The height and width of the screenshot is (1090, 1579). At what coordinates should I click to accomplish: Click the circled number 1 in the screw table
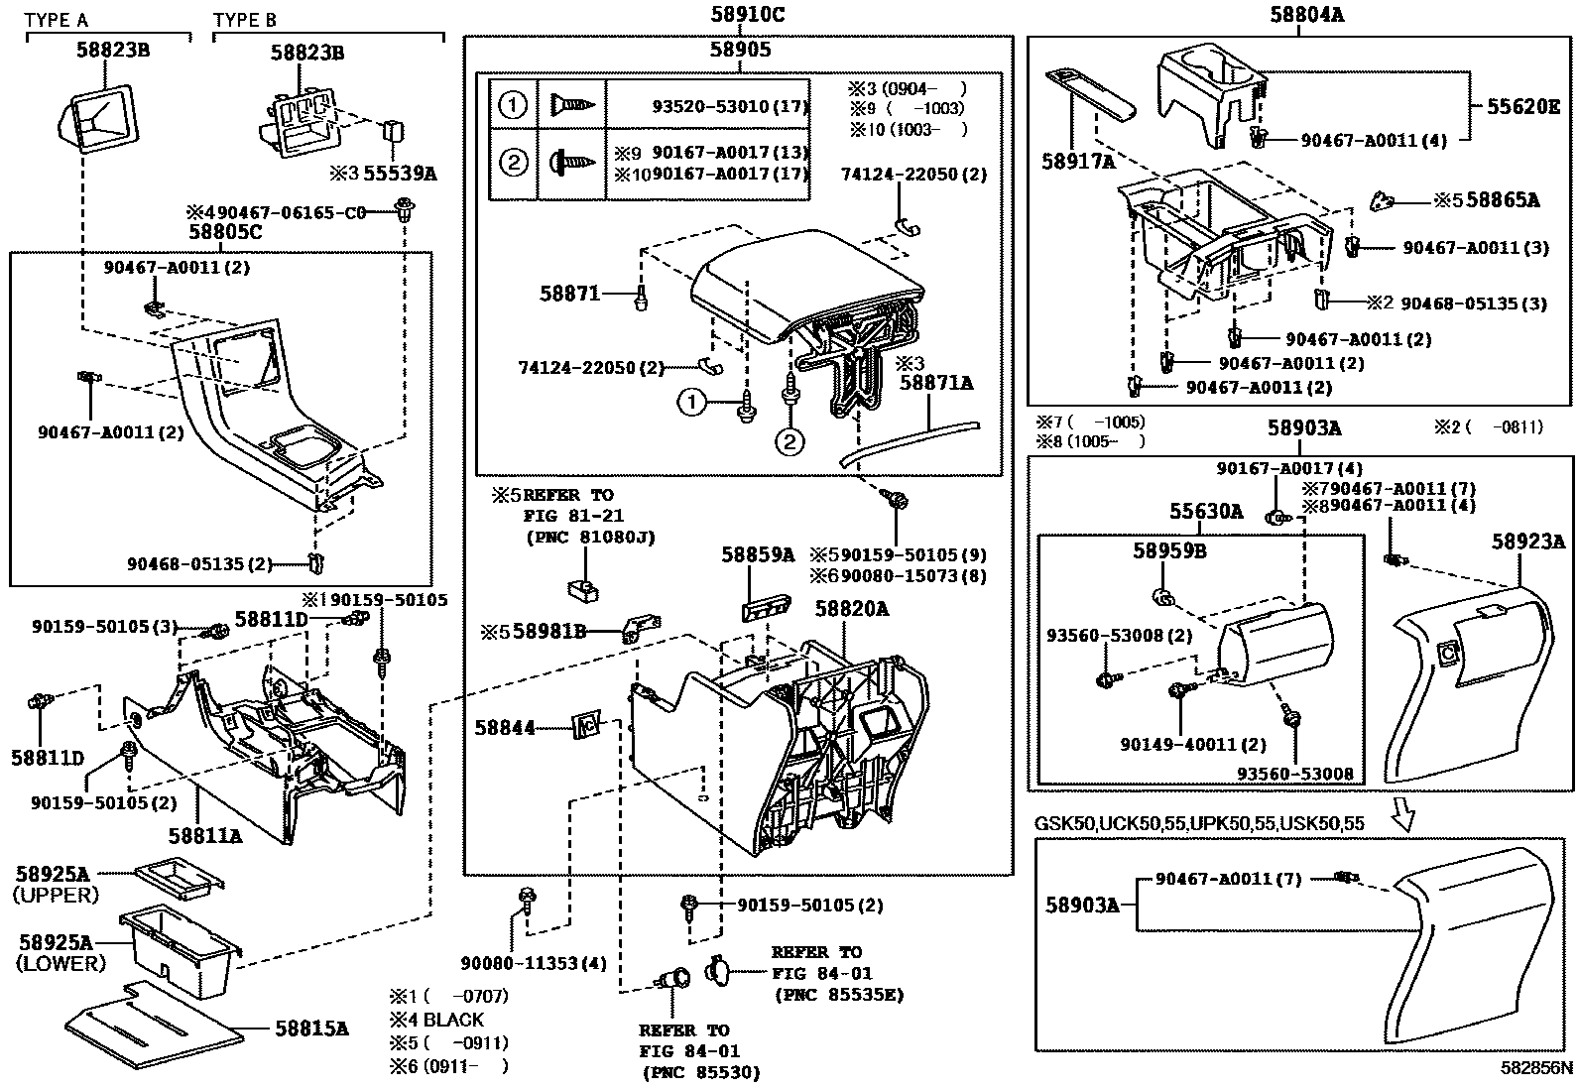coord(512,104)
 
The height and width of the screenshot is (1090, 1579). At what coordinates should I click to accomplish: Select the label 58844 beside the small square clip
coord(504,728)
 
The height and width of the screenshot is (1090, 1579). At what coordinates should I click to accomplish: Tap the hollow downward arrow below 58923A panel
coord(1402,812)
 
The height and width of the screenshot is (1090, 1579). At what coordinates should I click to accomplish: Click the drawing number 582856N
coord(1535,1068)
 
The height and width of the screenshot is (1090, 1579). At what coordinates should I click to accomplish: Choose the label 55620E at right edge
coord(1522,107)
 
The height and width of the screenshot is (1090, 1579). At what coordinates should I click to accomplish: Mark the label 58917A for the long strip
coord(1078,160)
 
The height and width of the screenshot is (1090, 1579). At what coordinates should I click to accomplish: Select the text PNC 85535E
coord(837,995)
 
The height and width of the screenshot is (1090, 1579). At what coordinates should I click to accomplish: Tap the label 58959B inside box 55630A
coord(1169,551)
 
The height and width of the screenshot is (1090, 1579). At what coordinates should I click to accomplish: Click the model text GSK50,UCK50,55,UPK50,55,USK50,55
coord(1199,823)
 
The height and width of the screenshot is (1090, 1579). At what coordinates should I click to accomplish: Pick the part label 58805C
coord(225,232)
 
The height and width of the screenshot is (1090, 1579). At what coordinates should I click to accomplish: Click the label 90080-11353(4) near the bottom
coord(533,963)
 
